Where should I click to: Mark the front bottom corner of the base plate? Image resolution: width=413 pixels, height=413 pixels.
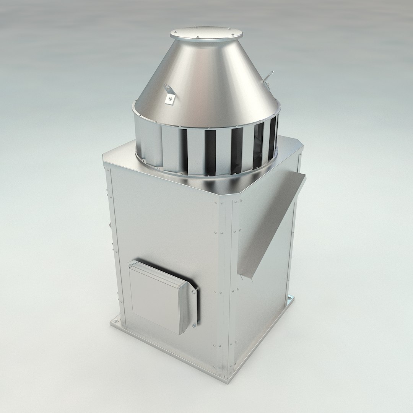[x=228, y=379]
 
